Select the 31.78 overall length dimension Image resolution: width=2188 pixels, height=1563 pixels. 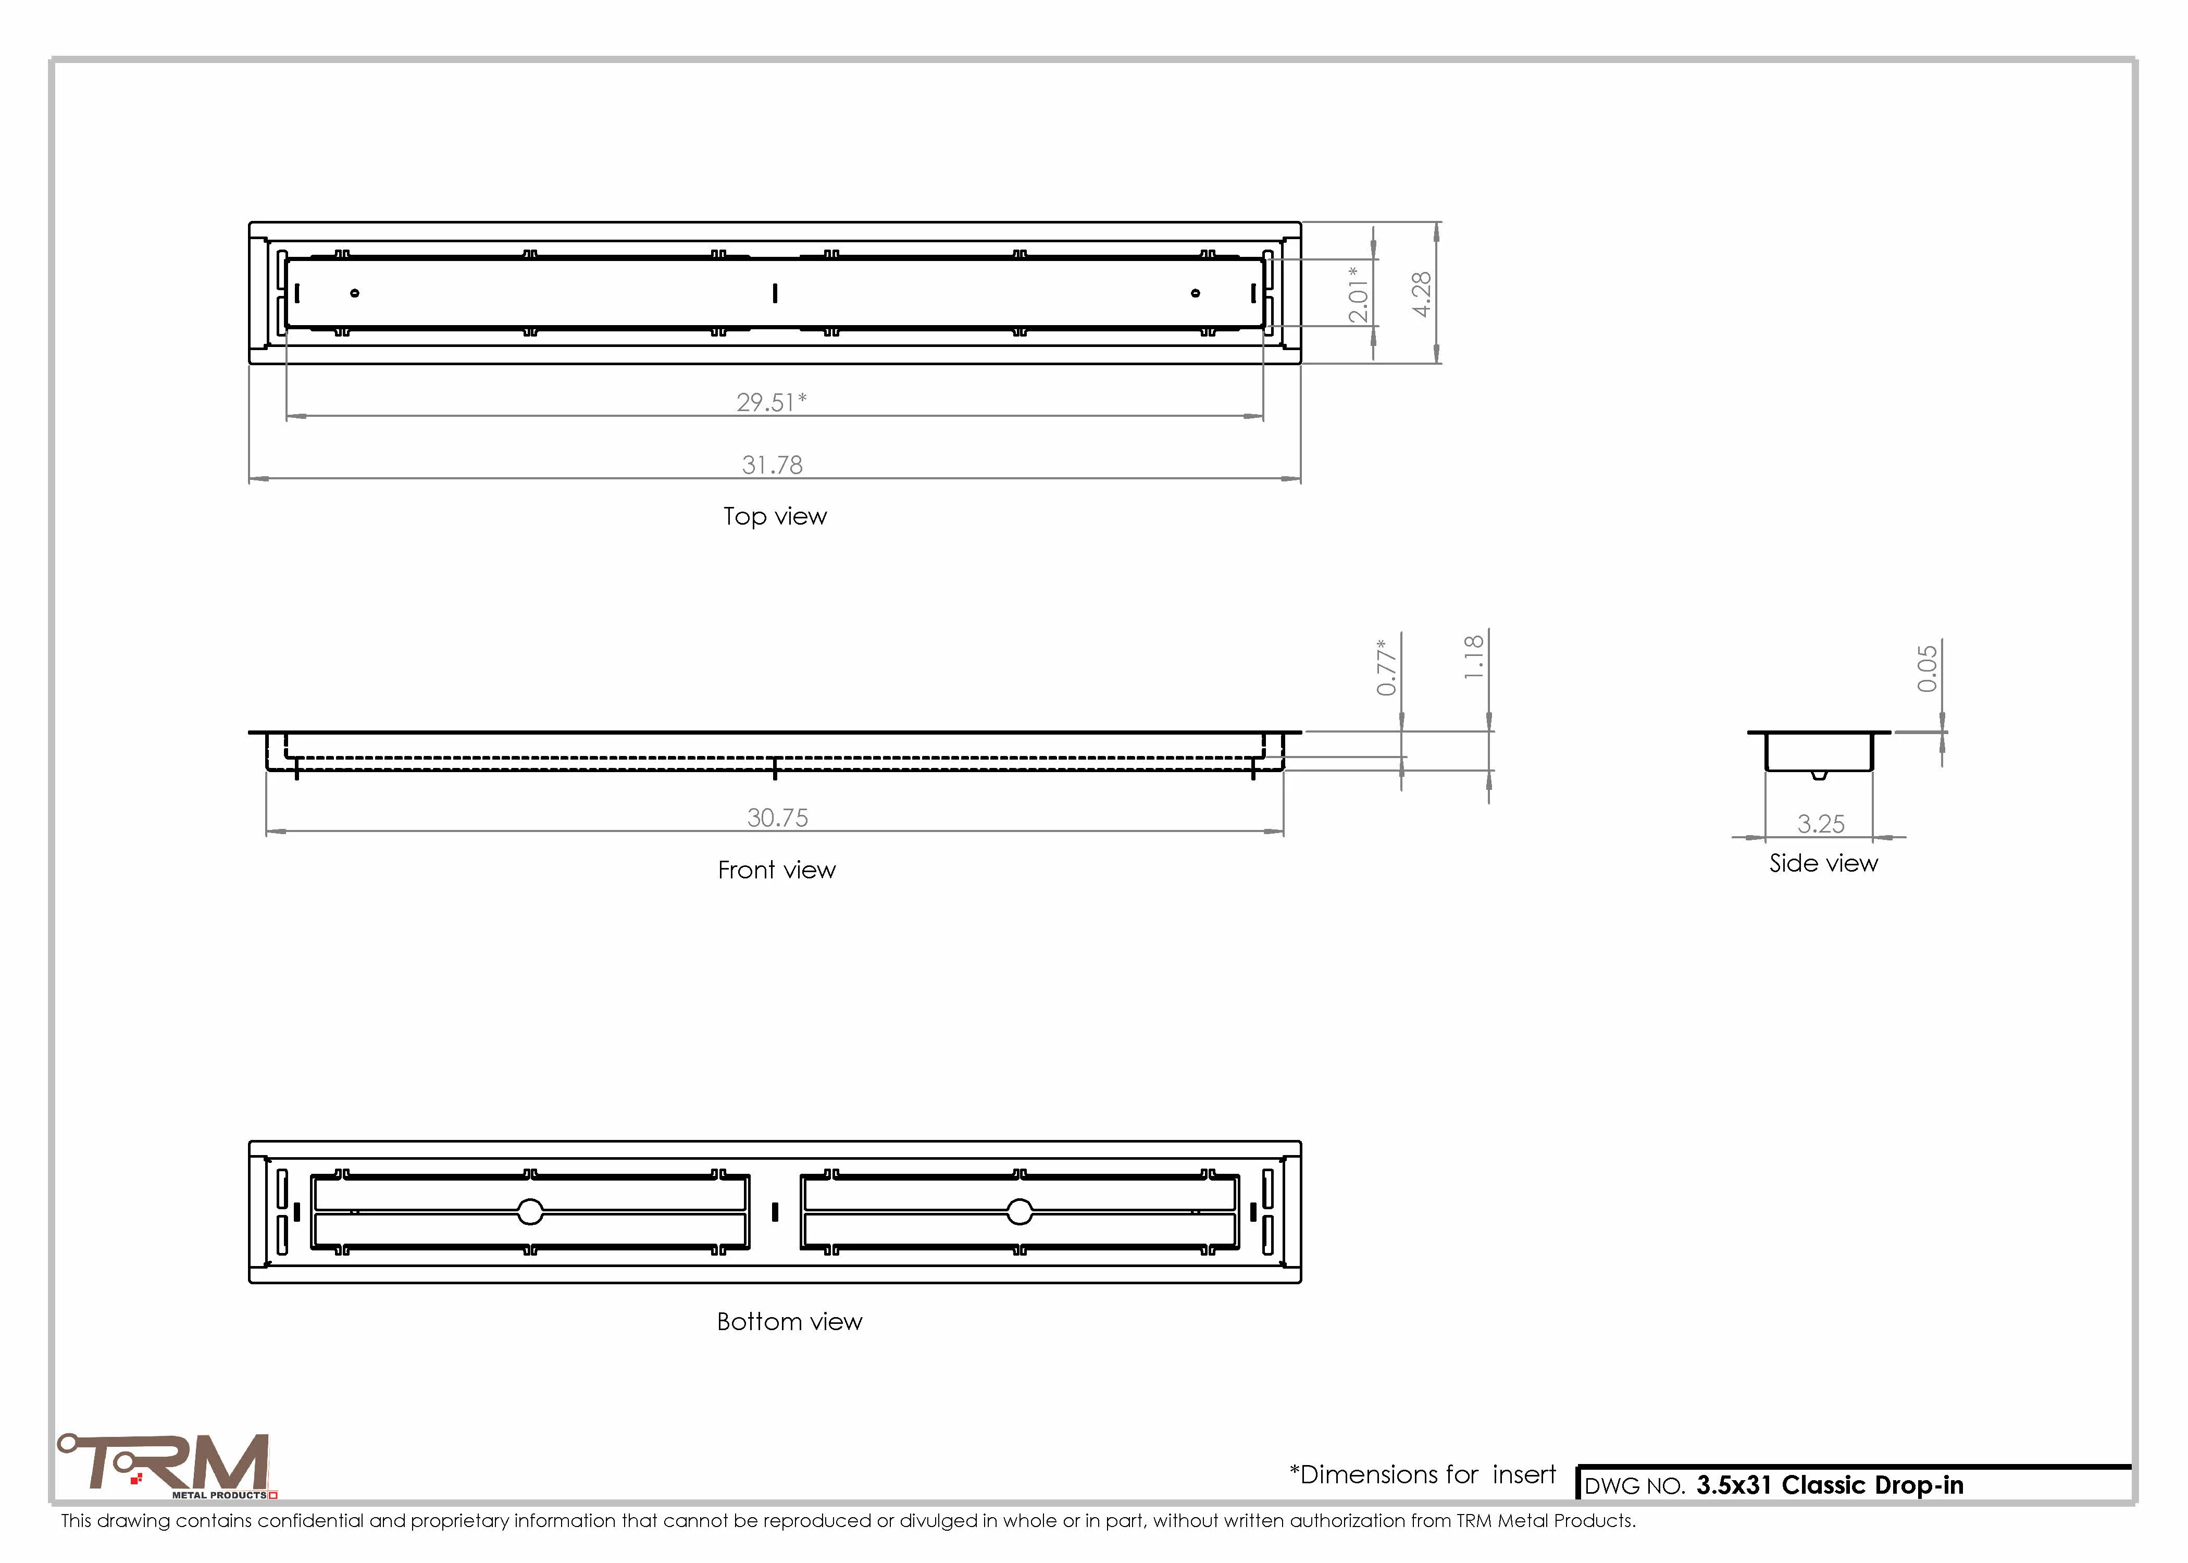(772, 465)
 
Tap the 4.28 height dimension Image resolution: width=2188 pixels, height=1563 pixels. (1421, 293)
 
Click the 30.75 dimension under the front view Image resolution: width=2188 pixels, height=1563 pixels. (777, 817)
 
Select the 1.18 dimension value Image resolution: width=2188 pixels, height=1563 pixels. (1473, 658)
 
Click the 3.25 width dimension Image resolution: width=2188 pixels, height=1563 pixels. (1820, 824)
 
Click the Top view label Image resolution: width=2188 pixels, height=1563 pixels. (775, 517)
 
